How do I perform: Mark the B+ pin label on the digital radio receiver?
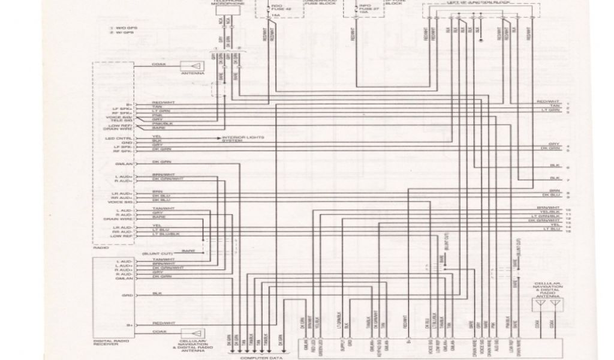click(129, 325)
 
